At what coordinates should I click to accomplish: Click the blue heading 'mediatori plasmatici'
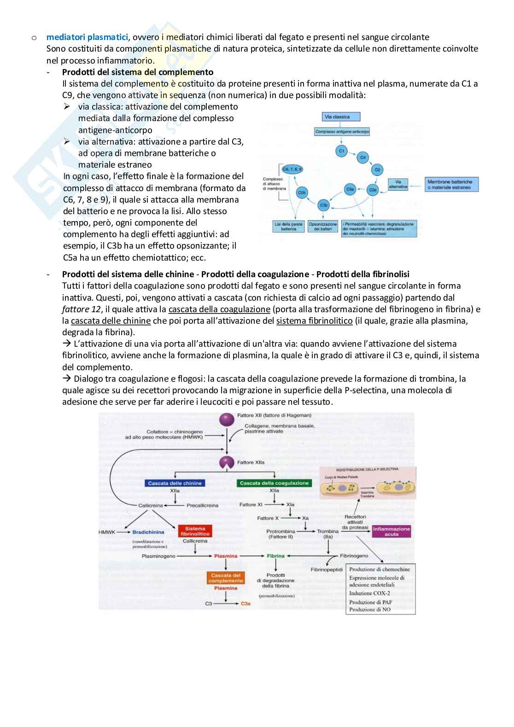click(x=87, y=37)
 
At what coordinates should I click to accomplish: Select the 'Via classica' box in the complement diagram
click(x=338, y=117)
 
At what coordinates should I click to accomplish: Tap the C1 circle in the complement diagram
click(x=341, y=151)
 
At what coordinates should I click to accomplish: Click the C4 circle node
click(x=362, y=158)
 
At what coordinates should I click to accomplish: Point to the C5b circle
click(x=302, y=192)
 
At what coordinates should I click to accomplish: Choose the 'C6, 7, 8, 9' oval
click(x=292, y=169)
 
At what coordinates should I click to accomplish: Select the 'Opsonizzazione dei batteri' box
click(x=323, y=226)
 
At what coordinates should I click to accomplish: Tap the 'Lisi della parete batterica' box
click(x=289, y=226)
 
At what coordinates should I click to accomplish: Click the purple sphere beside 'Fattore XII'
click(x=226, y=419)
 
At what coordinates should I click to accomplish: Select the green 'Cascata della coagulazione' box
click(x=274, y=483)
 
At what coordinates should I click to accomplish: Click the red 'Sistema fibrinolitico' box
click(x=195, y=531)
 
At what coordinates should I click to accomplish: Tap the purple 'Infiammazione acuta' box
click(x=391, y=531)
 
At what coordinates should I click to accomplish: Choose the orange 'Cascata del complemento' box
click(x=226, y=578)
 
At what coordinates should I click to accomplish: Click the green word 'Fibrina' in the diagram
click(x=276, y=556)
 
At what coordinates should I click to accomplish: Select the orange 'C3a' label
click(x=245, y=604)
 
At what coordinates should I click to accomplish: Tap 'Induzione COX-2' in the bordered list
click(x=369, y=593)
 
